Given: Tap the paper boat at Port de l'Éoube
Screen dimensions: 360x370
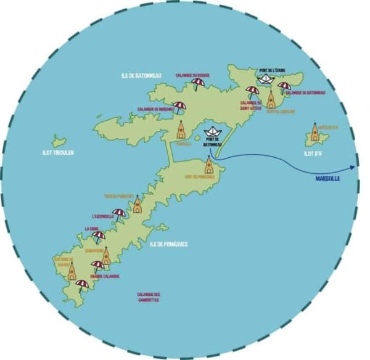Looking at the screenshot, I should click(x=266, y=78).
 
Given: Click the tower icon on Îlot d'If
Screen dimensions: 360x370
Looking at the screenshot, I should click(x=315, y=132).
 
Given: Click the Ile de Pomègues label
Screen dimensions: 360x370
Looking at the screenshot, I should click(x=168, y=244).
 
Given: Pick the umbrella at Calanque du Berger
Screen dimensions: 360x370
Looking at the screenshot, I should click(x=198, y=83).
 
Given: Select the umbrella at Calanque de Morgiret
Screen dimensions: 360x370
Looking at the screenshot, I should click(x=179, y=107).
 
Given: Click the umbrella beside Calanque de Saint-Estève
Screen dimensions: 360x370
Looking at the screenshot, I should click(x=253, y=91).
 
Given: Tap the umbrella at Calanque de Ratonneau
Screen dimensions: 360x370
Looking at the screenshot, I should click(x=284, y=87).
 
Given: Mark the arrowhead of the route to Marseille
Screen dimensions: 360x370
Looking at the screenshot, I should click(x=354, y=167).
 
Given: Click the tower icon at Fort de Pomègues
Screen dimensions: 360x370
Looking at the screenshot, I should click(x=209, y=165).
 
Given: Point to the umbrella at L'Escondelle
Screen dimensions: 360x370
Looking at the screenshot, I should click(x=119, y=214).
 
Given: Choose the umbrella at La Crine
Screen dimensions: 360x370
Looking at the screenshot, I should click(x=98, y=236).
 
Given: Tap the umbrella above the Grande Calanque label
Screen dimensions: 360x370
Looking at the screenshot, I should click(x=97, y=266).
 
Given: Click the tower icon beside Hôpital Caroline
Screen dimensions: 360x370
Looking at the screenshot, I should click(x=271, y=100).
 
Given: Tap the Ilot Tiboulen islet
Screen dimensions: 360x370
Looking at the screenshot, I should click(x=59, y=141).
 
